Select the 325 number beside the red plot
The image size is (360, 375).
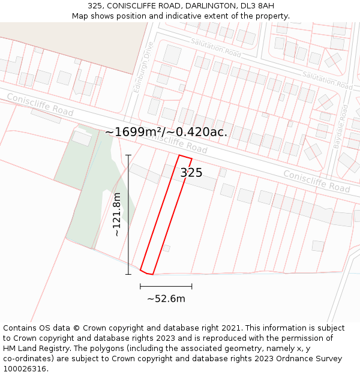[191, 173]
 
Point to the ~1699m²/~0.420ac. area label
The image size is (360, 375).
[166, 132]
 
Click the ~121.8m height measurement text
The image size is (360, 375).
[118, 214]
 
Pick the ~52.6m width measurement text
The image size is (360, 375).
[166, 299]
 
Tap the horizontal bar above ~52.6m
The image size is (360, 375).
[166, 287]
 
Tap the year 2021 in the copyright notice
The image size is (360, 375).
[230, 328]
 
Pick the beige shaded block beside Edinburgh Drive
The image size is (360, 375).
[72, 45]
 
